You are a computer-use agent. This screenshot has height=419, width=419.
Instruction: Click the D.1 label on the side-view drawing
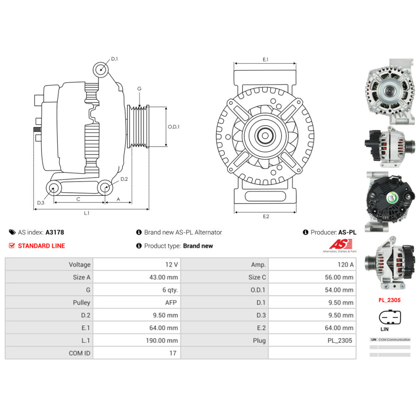[x=114, y=59]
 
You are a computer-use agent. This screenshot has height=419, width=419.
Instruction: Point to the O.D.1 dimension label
[x=173, y=127]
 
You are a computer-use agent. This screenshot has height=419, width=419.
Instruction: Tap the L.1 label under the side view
[x=86, y=213]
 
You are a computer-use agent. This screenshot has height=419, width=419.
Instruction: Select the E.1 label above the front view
[x=265, y=60]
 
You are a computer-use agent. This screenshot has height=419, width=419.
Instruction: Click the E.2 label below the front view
[x=266, y=216]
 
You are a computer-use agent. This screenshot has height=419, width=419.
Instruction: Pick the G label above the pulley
[x=139, y=89]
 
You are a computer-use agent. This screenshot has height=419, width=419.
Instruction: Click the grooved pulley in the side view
[x=138, y=126]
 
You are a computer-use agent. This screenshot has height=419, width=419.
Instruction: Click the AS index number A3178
[x=55, y=232]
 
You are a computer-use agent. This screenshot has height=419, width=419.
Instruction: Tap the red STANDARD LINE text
[x=41, y=246]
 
